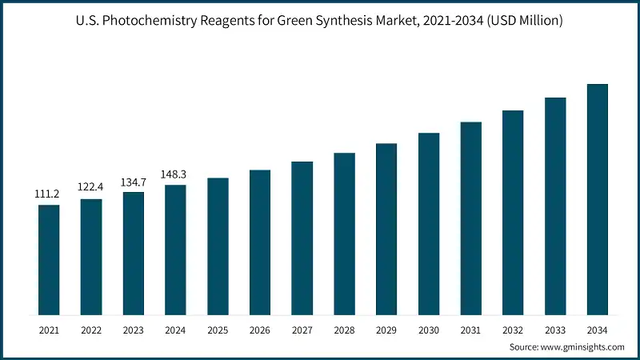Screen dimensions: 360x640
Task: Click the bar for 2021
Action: [49, 260]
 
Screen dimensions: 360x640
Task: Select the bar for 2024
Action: [175, 250]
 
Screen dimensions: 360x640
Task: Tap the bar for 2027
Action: [302, 238]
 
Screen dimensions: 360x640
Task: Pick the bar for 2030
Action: [429, 224]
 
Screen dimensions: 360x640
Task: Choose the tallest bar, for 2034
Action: [598, 199]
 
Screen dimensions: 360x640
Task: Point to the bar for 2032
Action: [513, 213]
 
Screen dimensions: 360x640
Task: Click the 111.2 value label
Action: [49, 194]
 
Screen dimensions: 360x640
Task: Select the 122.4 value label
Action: [91, 187]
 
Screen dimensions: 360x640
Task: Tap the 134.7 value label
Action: [133, 182]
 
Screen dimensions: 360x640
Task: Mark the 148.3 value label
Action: [175, 174]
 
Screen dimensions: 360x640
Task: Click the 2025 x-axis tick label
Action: [218, 329]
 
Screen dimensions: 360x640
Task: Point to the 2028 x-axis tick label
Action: [344, 329]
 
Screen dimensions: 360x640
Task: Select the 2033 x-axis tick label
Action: [555, 329]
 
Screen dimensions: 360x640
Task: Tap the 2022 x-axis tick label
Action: [91, 329]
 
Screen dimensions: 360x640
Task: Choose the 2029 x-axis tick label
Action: [386, 329]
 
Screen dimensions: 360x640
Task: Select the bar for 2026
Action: [260, 242]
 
